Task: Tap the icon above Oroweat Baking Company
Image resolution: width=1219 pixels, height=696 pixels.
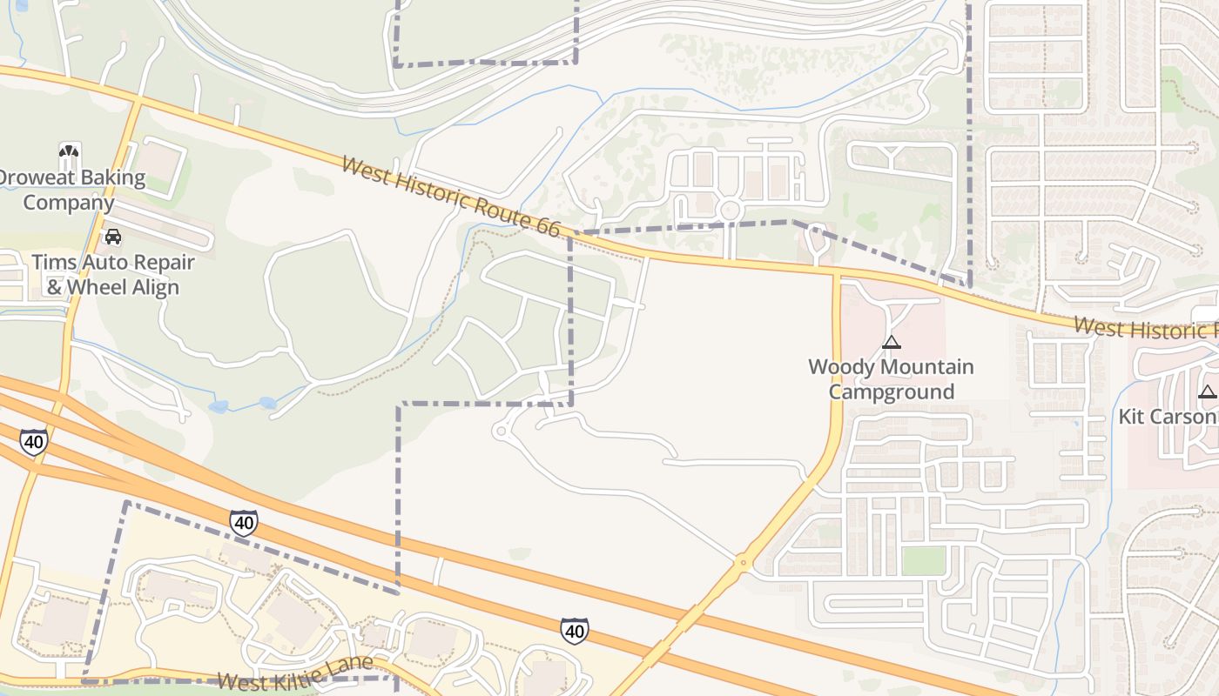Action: [70, 156]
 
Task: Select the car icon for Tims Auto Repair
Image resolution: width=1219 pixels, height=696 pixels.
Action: [113, 236]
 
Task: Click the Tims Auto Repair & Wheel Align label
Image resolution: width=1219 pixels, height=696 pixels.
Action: [113, 274]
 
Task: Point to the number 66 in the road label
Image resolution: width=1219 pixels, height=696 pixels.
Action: [547, 228]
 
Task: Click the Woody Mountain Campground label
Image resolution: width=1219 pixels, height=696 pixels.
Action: [890, 378]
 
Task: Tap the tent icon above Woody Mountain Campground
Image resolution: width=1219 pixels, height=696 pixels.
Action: [890, 343]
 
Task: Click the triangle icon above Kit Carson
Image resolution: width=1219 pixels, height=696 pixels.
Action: [1207, 392]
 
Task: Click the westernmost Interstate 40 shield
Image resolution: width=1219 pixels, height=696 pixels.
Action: [33, 442]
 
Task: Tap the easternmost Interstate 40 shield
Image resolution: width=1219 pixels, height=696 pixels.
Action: [574, 630]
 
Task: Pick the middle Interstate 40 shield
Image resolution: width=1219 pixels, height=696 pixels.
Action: [244, 522]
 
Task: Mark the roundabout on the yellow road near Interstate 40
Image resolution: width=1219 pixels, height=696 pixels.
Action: [743, 563]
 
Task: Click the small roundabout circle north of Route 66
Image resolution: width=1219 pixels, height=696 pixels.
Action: [730, 210]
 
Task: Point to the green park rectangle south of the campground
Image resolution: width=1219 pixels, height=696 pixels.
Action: [923, 560]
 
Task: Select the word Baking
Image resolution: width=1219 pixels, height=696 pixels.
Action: [109, 177]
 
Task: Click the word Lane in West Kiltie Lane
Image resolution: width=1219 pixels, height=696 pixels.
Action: [350, 666]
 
